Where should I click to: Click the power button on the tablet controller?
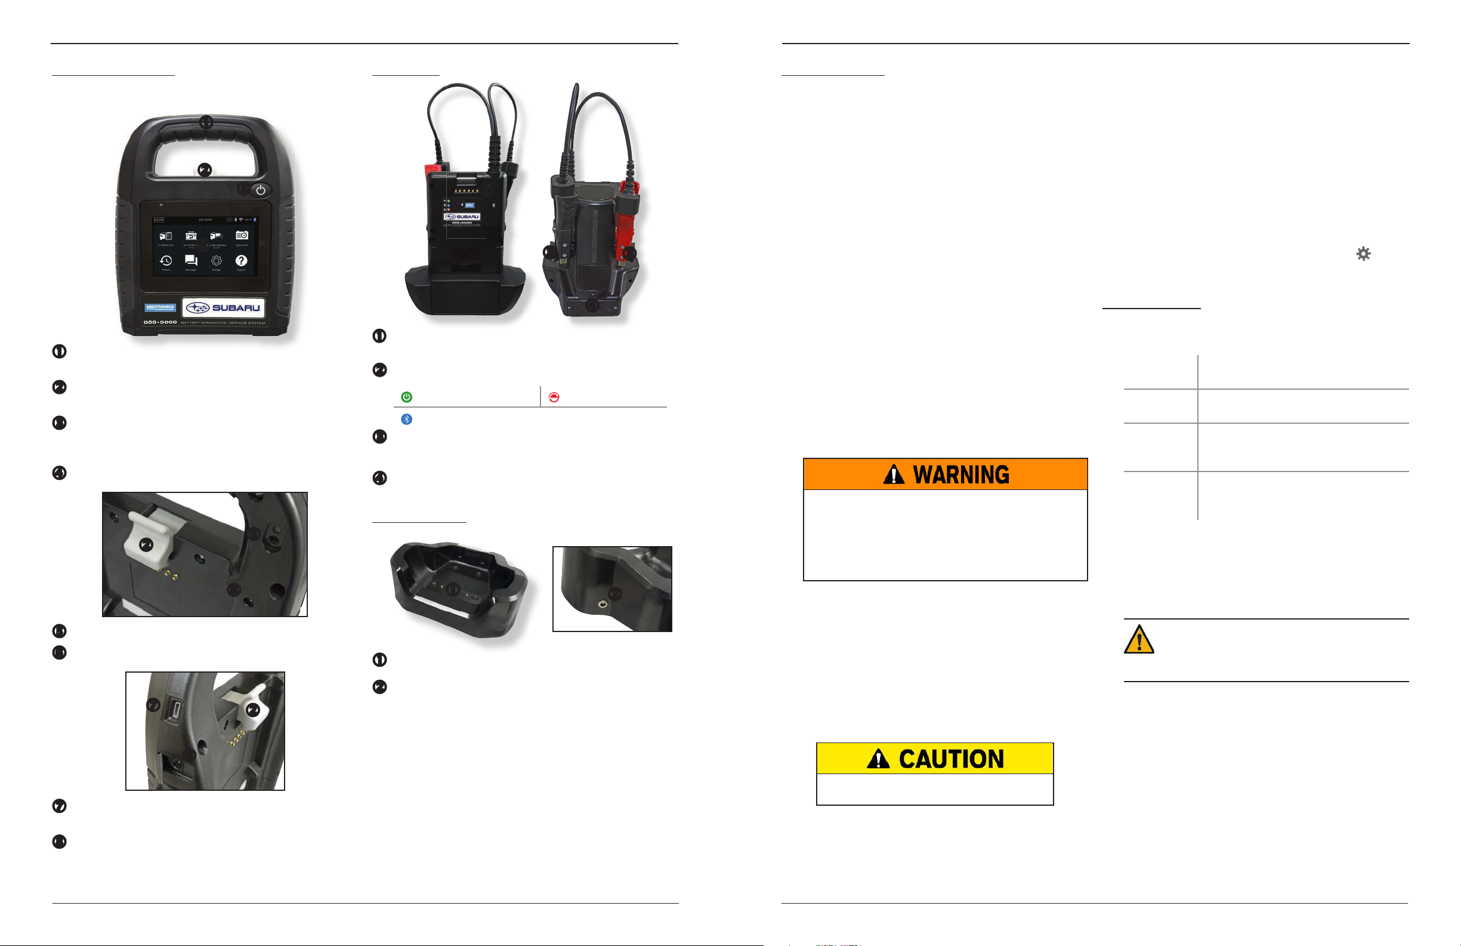pyautogui.click(x=261, y=190)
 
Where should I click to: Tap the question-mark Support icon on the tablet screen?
pyautogui.click(x=241, y=261)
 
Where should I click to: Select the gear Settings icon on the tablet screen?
pyautogui.click(x=216, y=261)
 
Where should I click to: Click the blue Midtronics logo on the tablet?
pyautogui.click(x=160, y=307)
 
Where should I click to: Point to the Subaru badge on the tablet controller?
pyautogui.click(x=224, y=307)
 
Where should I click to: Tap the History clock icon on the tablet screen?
pyautogui.click(x=166, y=261)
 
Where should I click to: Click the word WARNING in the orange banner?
pyautogui.click(x=960, y=475)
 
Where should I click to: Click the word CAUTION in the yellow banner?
pyautogui.click(x=951, y=759)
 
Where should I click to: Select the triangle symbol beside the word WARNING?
pyautogui.click(x=894, y=475)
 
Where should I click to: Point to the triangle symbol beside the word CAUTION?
pyautogui.click(x=878, y=759)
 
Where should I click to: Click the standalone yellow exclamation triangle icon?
pyautogui.click(x=1139, y=639)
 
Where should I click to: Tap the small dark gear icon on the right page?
pyautogui.click(x=1363, y=254)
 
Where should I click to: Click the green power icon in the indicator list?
pyautogui.click(x=406, y=397)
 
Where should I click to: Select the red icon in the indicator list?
pyautogui.click(x=554, y=397)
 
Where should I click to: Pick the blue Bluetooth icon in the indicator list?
pyautogui.click(x=406, y=419)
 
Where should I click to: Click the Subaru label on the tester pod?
pyautogui.click(x=462, y=217)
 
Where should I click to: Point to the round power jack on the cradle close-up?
pyautogui.click(x=603, y=605)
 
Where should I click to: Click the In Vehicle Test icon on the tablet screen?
pyautogui.click(x=166, y=236)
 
